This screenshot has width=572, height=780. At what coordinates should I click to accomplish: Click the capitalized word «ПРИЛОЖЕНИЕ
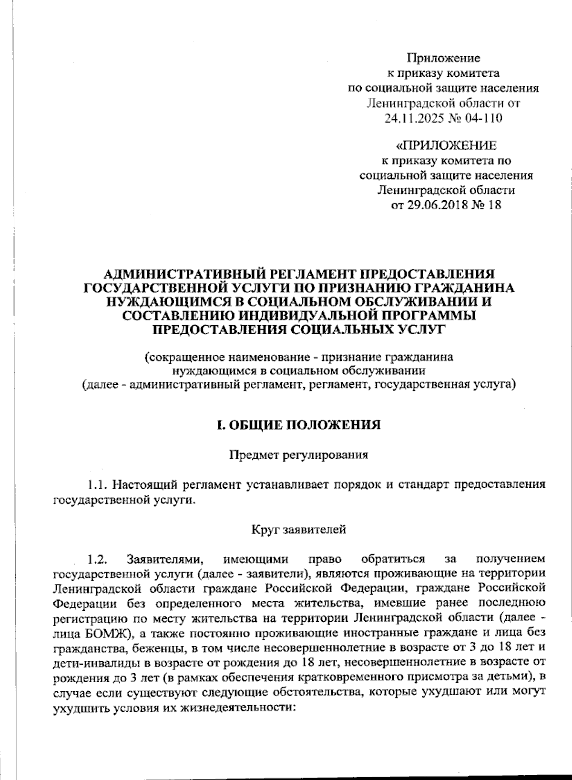pos(447,145)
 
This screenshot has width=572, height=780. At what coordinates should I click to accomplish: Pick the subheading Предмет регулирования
pos(299,454)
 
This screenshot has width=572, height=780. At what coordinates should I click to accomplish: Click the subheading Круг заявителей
pos(298,529)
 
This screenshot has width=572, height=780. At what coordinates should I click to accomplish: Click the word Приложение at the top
pos(443,58)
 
